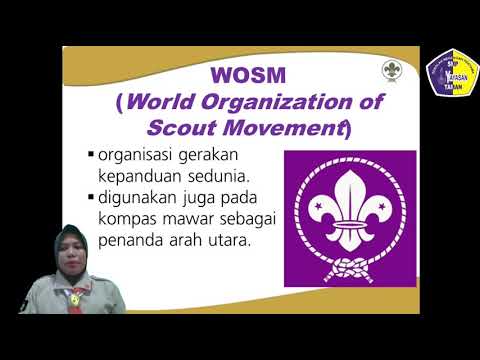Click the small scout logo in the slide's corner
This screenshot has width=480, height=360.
tap(391, 70)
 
